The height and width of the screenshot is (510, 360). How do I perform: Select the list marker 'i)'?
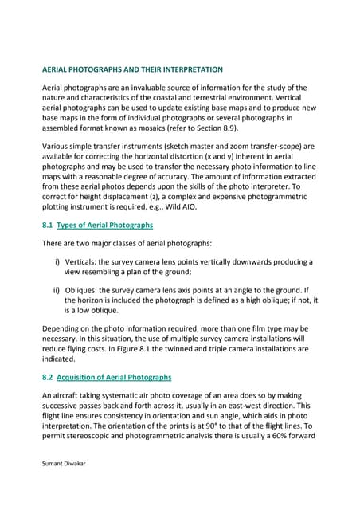point(57,261)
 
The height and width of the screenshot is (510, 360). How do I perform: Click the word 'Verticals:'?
point(86,261)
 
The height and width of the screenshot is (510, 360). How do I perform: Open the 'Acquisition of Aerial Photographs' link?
point(114,377)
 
